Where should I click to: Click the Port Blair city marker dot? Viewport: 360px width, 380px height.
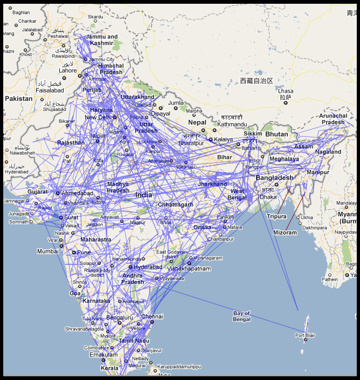(306, 340)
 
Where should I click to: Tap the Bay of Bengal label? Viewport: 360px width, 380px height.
(242, 316)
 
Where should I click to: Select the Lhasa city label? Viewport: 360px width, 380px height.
(286, 91)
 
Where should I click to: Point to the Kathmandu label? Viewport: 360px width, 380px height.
(232, 124)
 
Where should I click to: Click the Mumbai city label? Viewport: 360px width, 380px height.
(47, 251)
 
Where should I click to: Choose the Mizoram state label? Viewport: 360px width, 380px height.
(285, 233)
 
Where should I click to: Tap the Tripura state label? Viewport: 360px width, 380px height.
(276, 216)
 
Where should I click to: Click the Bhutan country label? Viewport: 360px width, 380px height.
(277, 134)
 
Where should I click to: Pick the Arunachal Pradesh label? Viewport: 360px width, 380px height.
(333, 119)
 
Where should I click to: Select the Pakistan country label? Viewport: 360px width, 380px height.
(19, 99)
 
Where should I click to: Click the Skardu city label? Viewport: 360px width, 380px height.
(95, 17)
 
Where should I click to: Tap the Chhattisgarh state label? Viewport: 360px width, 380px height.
(176, 205)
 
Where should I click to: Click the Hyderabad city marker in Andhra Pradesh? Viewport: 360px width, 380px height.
(130, 267)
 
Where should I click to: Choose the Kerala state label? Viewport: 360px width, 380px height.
(109, 368)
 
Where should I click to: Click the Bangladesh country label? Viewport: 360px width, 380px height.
(275, 178)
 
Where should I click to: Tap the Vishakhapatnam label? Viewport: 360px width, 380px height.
(189, 269)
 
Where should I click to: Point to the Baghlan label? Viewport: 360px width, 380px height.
(21, 12)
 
